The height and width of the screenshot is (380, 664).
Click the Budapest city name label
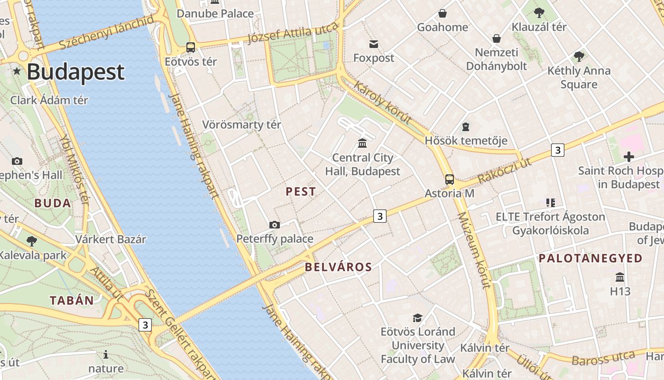pos(75,72)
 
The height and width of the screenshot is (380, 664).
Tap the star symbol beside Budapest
pos(17,71)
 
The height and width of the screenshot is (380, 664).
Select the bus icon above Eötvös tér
pos(191,47)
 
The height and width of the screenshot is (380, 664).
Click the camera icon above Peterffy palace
pos(274,225)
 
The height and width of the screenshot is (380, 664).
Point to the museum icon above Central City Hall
pos(363,143)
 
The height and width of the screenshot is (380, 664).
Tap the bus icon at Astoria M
pos(449,180)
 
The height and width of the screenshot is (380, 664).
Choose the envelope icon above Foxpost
pos(374,44)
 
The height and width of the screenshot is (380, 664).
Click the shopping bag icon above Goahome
pos(443,13)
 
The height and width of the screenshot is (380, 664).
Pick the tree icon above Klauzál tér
pos(539,13)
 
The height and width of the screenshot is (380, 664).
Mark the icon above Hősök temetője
pos(466,127)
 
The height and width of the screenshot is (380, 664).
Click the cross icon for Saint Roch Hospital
pos(629,157)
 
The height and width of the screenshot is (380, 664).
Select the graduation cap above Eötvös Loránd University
pos(417,318)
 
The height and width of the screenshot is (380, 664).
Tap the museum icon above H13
pos(620,277)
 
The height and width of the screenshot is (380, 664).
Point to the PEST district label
pos(301,192)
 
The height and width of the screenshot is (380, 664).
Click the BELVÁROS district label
pos(338,267)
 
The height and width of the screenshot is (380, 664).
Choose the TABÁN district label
pos(72,300)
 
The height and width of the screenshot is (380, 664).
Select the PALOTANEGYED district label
pos(590,258)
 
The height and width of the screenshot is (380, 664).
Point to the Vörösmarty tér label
pos(241,125)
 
